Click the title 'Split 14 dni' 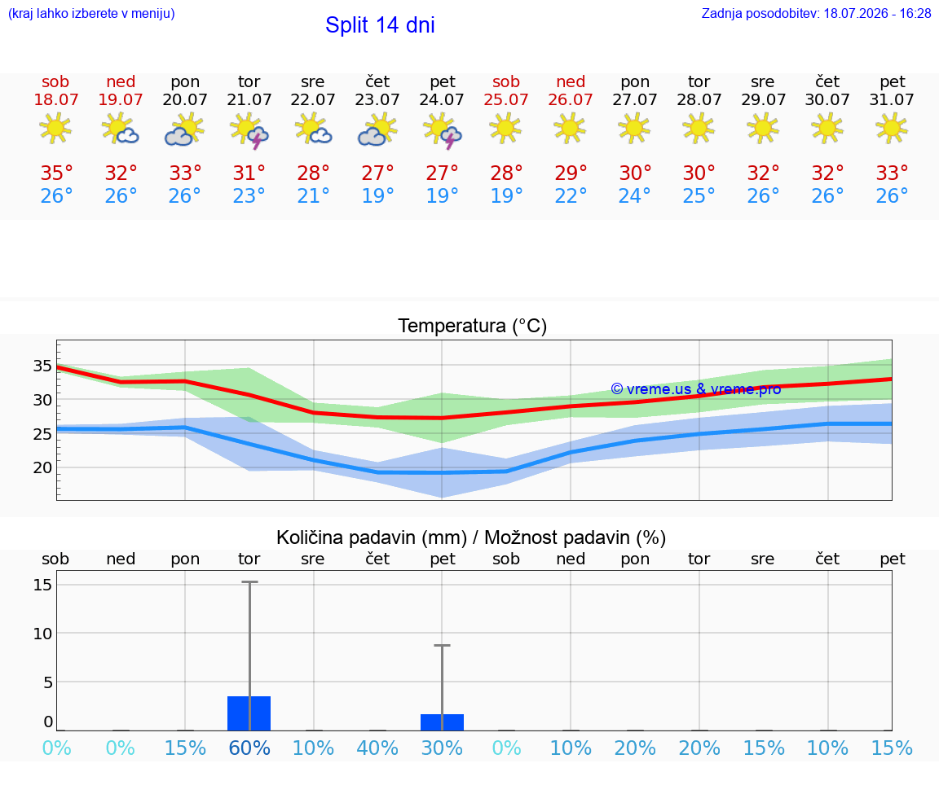380,25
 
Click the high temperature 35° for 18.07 56,173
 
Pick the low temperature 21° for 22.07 313,195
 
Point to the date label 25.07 506,99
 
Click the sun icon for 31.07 892,129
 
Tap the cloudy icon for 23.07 377,130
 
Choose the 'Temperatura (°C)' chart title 473,326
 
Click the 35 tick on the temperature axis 42,366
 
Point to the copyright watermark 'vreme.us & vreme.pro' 696,389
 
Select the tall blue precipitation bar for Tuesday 249,713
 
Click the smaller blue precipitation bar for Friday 442,722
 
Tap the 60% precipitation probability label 249,748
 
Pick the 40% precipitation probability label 377,748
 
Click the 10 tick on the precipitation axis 42,633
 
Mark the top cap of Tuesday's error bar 249,581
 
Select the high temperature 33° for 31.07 892,173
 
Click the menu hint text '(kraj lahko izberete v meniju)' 91,14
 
